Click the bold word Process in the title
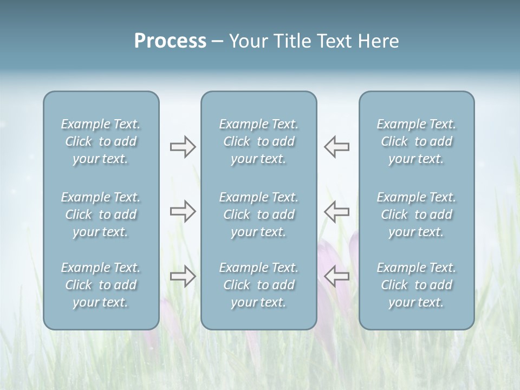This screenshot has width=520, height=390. tap(170, 41)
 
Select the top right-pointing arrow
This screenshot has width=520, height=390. tap(183, 147)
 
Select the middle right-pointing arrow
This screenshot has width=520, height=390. tap(183, 211)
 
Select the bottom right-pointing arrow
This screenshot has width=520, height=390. tap(183, 276)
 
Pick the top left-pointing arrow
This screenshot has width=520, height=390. tap(336, 147)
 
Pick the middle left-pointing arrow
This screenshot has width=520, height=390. tap(336, 211)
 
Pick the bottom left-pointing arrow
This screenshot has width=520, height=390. tap(336, 276)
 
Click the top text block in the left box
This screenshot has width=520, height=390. tap(101, 141)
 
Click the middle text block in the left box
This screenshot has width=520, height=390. tap(101, 214)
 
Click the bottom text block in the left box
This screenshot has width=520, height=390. tap(101, 285)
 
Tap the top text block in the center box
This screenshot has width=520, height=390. tap(258, 141)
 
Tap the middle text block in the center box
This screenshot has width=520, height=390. tap(258, 214)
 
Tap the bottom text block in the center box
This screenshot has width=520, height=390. tap(258, 285)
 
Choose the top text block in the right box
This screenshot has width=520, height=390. tap(416, 141)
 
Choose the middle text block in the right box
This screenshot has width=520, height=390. tap(416, 214)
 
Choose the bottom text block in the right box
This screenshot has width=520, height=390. tap(416, 285)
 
